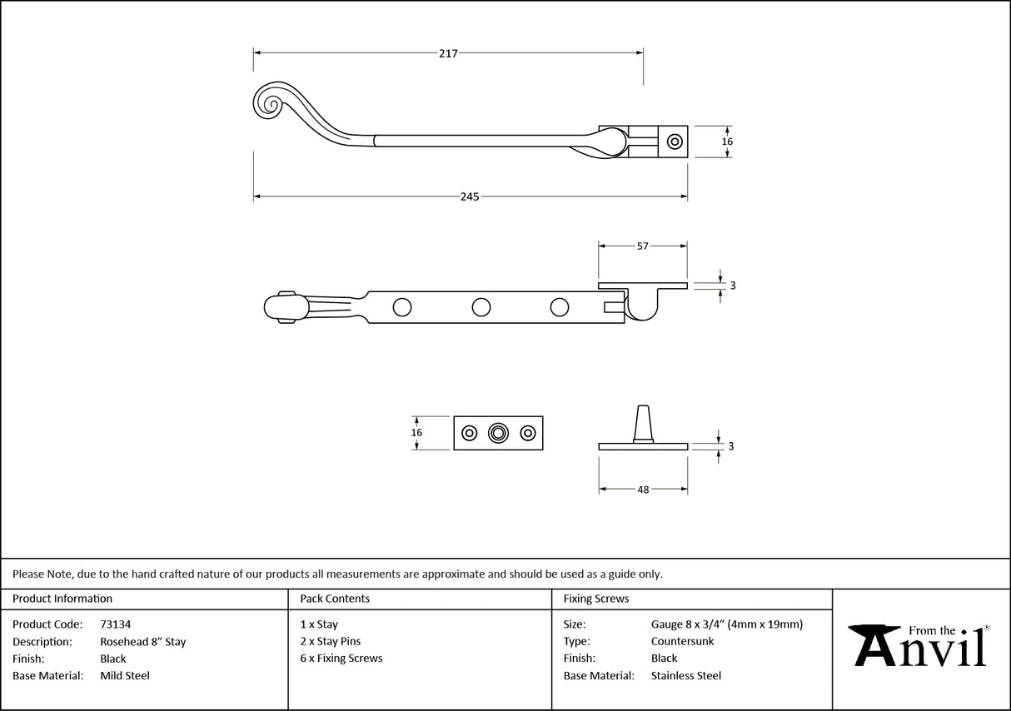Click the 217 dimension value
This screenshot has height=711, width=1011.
pyautogui.click(x=448, y=53)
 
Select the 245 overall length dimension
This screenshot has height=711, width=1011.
pyautogui.click(x=470, y=197)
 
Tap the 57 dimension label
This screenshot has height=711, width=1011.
pyautogui.click(x=642, y=246)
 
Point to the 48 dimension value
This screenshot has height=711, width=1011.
pyautogui.click(x=643, y=490)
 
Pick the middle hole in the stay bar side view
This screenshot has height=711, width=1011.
pyautogui.click(x=481, y=307)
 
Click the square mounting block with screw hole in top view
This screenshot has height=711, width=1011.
pyautogui.click(x=675, y=142)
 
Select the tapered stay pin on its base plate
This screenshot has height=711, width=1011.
pyautogui.click(x=642, y=424)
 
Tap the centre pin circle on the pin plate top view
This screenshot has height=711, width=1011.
pyautogui.click(x=498, y=433)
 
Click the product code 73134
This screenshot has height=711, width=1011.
pyautogui.click(x=115, y=624)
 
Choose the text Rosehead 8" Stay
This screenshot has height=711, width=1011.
pyautogui.click(x=142, y=642)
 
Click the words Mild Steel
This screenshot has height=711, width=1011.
pyautogui.click(x=125, y=676)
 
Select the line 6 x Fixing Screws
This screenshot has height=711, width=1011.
pyautogui.click(x=341, y=659)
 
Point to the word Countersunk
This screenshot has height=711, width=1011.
pyautogui.click(x=682, y=642)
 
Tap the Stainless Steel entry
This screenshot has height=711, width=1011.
pyautogui.click(x=685, y=676)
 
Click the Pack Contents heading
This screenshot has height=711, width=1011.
pyautogui.click(x=335, y=599)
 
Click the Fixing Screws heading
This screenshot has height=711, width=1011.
pyautogui.click(x=595, y=599)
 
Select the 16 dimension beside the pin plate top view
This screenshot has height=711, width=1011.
pyautogui.click(x=417, y=432)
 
